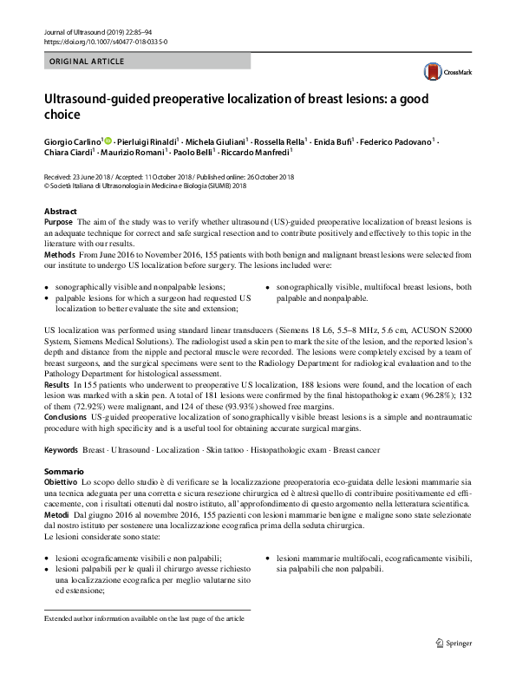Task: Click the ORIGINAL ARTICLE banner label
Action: tap(87, 62)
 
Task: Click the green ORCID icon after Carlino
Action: tap(108, 139)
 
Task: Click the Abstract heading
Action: tap(60, 212)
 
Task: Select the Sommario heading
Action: tap(64, 470)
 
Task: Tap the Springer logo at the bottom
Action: tap(456, 644)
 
